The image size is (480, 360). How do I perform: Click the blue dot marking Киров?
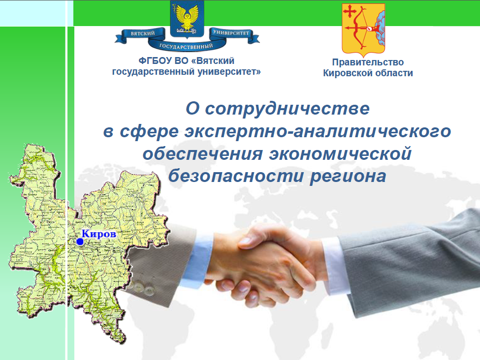point(80,241)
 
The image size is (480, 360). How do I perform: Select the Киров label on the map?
point(99,234)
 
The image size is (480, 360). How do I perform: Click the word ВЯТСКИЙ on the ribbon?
point(143,33)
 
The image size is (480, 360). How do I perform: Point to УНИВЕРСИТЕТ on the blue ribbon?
point(231,32)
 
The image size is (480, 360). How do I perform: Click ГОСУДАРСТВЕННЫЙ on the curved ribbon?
point(186,46)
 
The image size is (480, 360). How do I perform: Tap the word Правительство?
point(368,62)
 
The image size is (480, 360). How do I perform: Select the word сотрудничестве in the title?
point(287,109)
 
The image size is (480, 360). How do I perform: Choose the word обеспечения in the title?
point(203,153)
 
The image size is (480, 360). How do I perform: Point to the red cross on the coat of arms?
point(349,12)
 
